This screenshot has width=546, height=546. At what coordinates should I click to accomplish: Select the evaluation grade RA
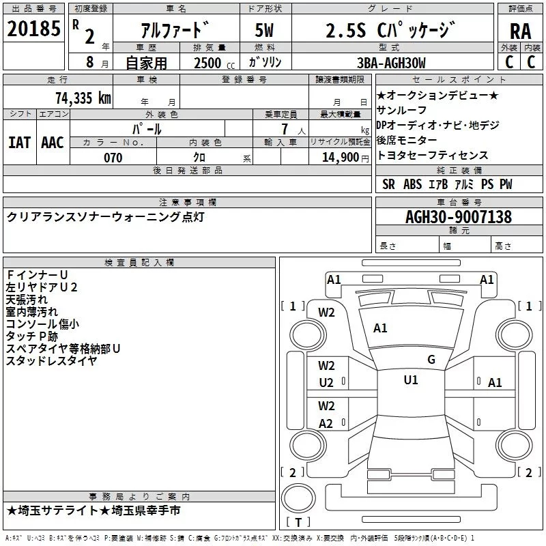pos(520,31)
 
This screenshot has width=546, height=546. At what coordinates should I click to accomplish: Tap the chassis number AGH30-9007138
pos(459,217)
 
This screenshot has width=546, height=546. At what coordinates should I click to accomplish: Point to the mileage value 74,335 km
pos(83,98)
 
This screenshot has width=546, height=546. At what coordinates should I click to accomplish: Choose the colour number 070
pos(113,158)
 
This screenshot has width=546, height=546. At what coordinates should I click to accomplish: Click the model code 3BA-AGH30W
pos(391,63)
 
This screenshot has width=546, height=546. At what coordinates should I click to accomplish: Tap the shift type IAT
pos(19,142)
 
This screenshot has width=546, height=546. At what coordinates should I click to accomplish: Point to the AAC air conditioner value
pos(52,142)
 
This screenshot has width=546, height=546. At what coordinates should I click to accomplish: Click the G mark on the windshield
pos(431,360)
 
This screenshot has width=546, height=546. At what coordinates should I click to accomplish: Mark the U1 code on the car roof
pos(410,380)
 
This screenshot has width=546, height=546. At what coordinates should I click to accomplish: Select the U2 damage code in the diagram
pos(326,383)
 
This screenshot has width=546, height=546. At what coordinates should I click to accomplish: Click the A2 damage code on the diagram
pos(326,423)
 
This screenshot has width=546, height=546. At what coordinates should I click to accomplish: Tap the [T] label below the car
pos(298,523)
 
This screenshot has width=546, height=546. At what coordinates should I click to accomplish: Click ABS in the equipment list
pos(412,184)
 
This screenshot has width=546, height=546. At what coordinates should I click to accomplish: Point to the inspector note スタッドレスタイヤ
pos(51,361)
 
